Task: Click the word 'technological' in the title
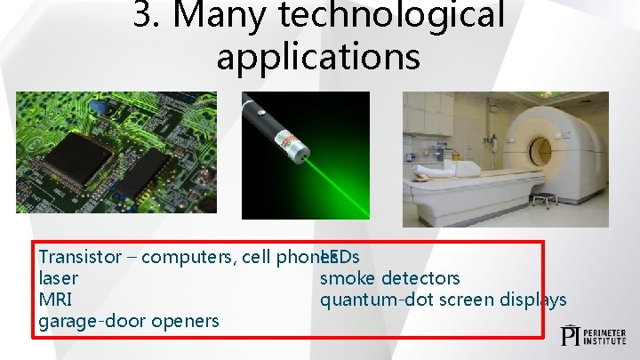pyautogui.click(x=399, y=15)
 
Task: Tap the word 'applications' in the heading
pyautogui.click(x=318, y=56)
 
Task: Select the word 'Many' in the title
pyautogui.click(x=227, y=15)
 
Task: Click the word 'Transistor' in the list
pyautogui.click(x=80, y=257)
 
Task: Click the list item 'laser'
pyautogui.click(x=58, y=278)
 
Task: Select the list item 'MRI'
pyautogui.click(x=56, y=300)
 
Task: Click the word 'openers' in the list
pyautogui.click(x=186, y=321)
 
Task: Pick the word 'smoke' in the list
pyautogui.click(x=348, y=278)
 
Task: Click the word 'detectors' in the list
pyautogui.click(x=420, y=278)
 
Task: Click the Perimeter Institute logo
pyautogui.click(x=594, y=335)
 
